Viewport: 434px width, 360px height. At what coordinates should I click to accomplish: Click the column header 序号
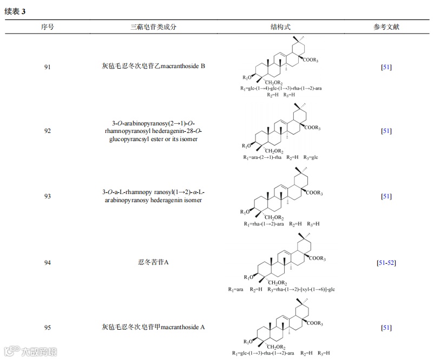[47, 26]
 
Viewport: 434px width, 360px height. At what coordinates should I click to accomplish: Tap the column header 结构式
[281, 26]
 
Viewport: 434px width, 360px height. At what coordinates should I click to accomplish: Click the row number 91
[47, 67]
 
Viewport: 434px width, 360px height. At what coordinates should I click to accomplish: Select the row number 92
[47, 131]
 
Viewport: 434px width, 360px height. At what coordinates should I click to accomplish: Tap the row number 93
[47, 197]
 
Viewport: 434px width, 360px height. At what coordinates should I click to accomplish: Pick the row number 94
[47, 263]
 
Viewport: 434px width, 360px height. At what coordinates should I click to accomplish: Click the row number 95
[47, 327]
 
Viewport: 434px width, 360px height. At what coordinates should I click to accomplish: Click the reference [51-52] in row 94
[386, 263]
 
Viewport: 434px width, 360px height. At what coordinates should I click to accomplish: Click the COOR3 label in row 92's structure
[312, 128]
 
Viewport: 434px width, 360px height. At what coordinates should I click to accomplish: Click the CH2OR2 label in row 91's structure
[275, 82]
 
